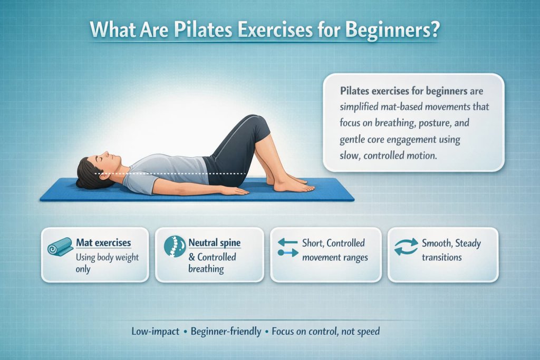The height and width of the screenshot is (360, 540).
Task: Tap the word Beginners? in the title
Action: coord(391,29)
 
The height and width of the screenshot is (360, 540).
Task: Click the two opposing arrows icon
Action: coord(287,247)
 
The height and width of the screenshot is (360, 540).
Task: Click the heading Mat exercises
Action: coord(103,243)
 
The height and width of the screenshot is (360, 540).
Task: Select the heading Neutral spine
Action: coord(214,243)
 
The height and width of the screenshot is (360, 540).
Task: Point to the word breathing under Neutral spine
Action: coord(206,269)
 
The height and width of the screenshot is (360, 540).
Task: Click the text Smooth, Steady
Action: coord(451,244)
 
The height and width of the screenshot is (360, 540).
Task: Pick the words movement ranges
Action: coord(335,257)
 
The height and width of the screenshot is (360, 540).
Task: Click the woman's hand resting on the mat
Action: coord(234,191)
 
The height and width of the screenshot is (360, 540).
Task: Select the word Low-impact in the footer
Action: coord(154,332)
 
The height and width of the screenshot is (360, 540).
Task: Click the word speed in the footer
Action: coord(369,332)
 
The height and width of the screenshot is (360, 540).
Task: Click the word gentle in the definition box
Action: coord(355,141)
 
